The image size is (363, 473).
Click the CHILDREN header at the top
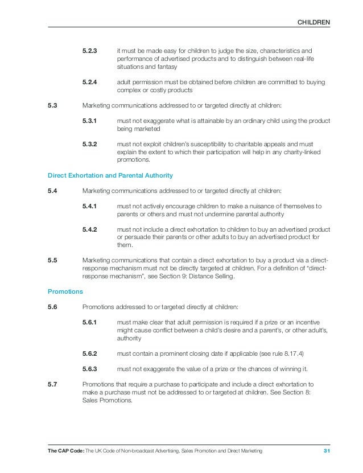click(x=314, y=22)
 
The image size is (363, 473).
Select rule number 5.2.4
click(x=90, y=83)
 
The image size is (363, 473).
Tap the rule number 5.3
click(x=52, y=105)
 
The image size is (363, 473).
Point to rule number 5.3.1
click(x=90, y=121)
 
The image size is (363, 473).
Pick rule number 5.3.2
click(x=90, y=145)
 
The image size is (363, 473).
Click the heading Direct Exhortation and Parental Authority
click(x=110, y=175)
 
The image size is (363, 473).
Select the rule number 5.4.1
click(x=90, y=206)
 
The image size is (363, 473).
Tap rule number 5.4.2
click(x=90, y=229)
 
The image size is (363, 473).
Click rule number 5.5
click(x=52, y=261)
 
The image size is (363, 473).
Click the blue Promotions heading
click(x=65, y=291)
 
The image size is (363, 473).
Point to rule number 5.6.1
click(x=90, y=322)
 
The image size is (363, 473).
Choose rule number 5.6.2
click(x=90, y=353)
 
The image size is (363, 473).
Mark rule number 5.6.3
click(x=90, y=369)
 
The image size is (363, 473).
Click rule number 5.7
click(x=52, y=384)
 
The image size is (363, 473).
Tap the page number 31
click(x=327, y=451)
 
